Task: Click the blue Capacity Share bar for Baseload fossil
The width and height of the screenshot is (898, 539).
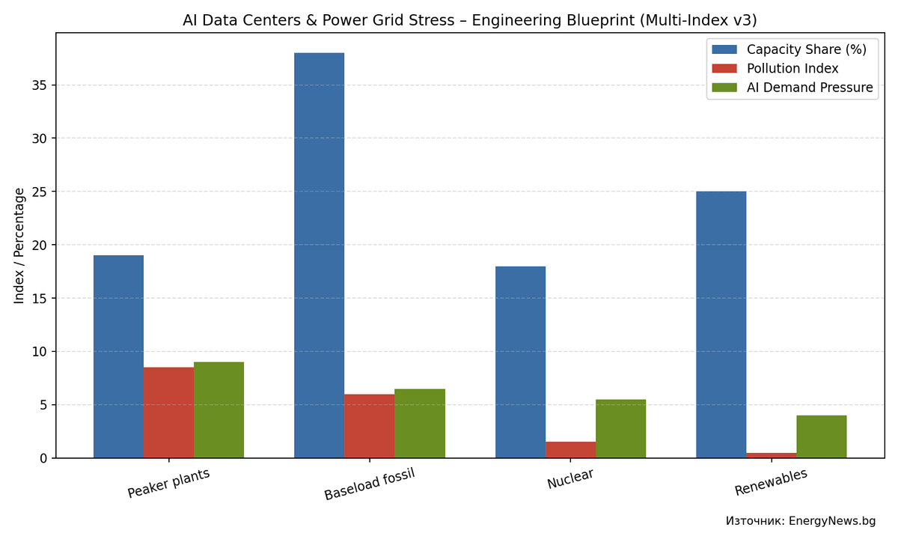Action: pyautogui.click(x=319, y=255)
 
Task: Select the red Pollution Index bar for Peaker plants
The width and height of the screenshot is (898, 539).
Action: pyautogui.click(x=168, y=412)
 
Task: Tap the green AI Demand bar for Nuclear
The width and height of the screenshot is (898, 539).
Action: pyautogui.click(x=620, y=429)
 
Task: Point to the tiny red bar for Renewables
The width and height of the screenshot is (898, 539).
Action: pyautogui.click(x=771, y=455)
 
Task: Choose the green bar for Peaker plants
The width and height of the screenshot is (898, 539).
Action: pyautogui.click(x=219, y=410)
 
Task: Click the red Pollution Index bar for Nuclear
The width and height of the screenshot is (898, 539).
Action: pyautogui.click(x=570, y=450)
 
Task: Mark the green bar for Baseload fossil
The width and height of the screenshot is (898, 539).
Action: pyautogui.click(x=419, y=424)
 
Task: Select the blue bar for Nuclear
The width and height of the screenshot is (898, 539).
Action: pyautogui.click(x=520, y=362)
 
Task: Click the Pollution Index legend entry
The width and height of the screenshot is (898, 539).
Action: pyautogui.click(x=792, y=69)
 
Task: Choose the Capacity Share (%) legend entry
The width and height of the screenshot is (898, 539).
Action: pyautogui.click(x=806, y=49)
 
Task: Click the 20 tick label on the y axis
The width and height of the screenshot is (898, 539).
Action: pyautogui.click(x=39, y=245)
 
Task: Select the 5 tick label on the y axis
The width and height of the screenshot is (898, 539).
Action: pyautogui.click(x=43, y=405)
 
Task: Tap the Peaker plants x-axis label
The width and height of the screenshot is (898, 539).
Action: pyautogui.click(x=168, y=483)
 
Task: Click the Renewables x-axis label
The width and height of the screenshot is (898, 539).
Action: pyautogui.click(x=771, y=482)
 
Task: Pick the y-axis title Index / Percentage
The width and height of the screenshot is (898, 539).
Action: pyautogui.click(x=19, y=246)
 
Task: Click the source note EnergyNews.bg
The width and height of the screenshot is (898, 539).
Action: pyautogui.click(x=800, y=521)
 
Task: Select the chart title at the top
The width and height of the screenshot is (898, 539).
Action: pyautogui.click(x=469, y=20)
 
